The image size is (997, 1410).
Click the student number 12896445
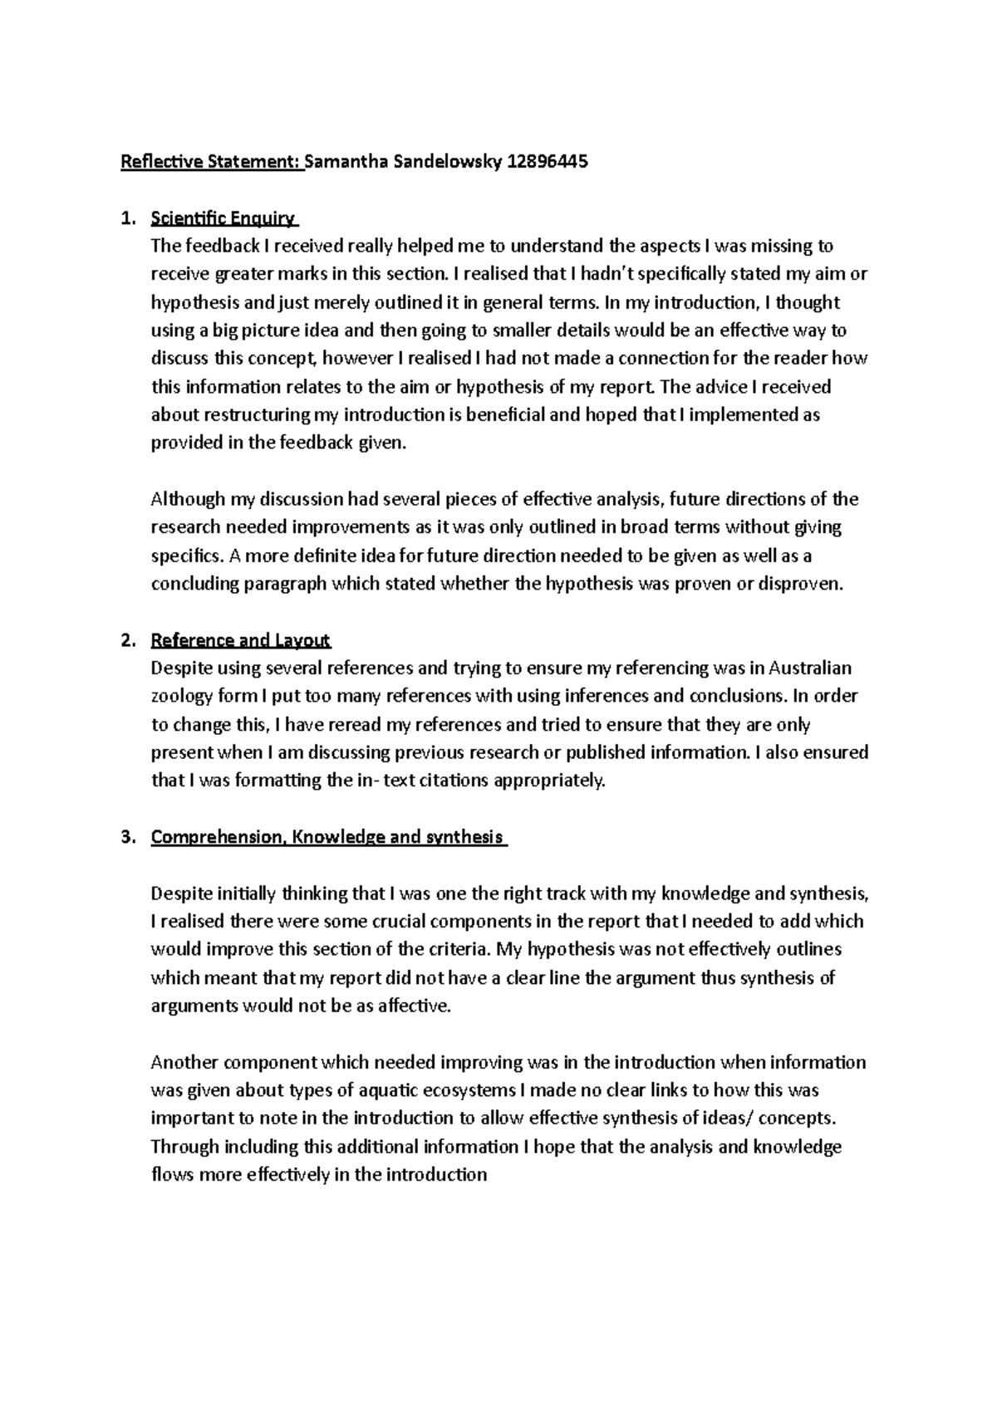[548, 162]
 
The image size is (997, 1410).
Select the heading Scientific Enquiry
[223, 218]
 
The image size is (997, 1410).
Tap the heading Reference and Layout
[241, 640]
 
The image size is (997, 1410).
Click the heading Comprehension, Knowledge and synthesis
[327, 837]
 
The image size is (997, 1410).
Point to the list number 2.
[126, 640]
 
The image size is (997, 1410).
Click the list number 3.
[126, 837]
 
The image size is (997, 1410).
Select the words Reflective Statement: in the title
[211, 162]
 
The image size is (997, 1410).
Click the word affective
[413, 1006]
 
